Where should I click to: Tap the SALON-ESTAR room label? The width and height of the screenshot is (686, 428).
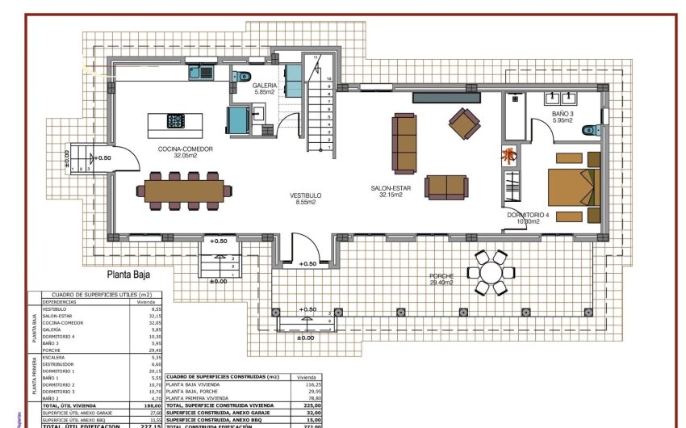click(391, 191)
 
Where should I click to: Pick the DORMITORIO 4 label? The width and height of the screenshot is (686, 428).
click(528, 217)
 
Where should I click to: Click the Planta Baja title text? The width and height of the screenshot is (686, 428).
click(130, 275)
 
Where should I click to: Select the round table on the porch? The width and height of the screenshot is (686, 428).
click(491, 272)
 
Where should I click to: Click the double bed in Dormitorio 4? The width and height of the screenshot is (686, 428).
click(574, 187)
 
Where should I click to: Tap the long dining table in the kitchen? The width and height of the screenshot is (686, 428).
click(182, 190)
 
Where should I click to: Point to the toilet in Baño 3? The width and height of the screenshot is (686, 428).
click(590, 131)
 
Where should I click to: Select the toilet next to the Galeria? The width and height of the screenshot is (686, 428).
click(243, 77)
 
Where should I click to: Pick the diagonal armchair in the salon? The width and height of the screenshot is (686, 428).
click(464, 124)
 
